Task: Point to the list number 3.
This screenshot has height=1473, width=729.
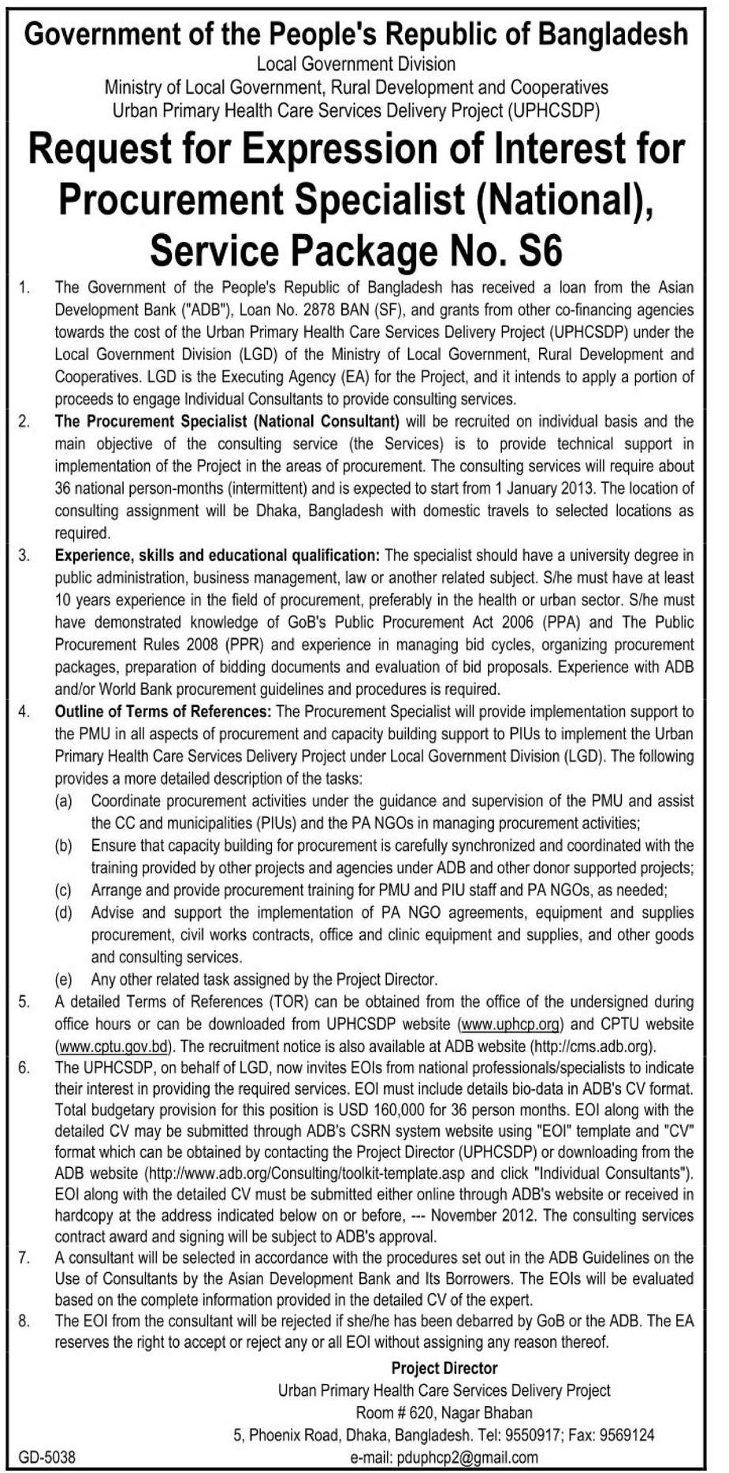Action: coord(24,556)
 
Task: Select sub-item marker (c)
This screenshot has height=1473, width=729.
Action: coord(63,891)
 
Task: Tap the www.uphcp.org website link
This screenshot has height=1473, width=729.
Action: coord(511,1025)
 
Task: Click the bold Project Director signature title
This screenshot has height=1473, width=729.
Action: coord(444,1368)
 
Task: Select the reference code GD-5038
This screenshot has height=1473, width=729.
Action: coord(46,1458)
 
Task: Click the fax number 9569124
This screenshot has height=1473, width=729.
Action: coord(627,1435)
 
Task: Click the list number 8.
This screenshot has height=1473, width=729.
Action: coord(24,1320)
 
